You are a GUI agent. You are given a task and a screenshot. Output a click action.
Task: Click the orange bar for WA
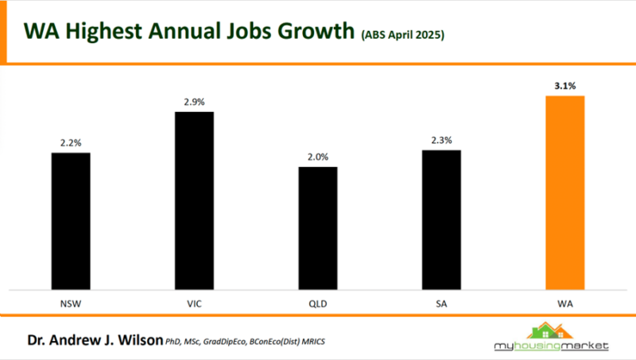tap(564, 192)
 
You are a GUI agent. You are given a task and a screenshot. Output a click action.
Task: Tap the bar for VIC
tap(194, 200)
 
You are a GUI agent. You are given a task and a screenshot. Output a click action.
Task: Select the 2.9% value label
tap(194, 102)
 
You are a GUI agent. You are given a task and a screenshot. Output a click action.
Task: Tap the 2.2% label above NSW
tap(71, 143)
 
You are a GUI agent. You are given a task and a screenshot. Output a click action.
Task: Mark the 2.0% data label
tap(318, 157)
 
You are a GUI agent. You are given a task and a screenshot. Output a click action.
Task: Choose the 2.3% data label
tap(441, 140)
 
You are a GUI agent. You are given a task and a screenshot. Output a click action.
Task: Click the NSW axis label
tap(71, 302)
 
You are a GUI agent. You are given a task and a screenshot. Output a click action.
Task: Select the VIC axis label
tap(194, 302)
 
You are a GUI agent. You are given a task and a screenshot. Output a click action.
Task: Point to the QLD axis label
tap(318, 302)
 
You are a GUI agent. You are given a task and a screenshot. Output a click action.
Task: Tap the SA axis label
tap(441, 302)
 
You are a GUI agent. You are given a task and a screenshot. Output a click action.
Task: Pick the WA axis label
tap(564, 302)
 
